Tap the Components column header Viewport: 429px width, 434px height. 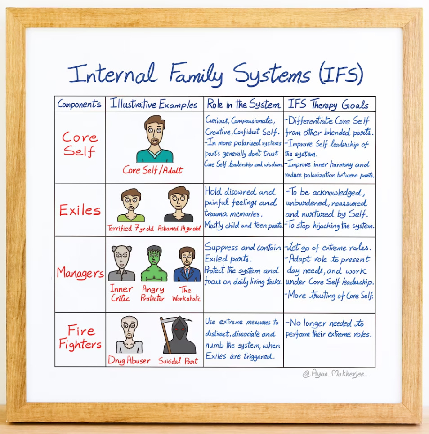click(x=80, y=105)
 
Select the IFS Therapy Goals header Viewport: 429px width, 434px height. click(x=328, y=105)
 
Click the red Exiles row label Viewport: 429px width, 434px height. click(x=80, y=210)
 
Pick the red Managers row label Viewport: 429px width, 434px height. click(x=80, y=273)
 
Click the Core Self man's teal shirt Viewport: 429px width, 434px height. click(x=155, y=156)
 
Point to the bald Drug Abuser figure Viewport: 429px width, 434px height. click(x=129, y=335)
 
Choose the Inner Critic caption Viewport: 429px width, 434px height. click(x=121, y=294)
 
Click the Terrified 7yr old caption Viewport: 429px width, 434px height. click(x=130, y=228)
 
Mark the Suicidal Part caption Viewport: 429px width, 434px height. click(x=178, y=361)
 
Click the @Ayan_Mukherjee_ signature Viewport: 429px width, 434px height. click(x=335, y=374)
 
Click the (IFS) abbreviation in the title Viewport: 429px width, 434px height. click(x=339, y=74)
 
